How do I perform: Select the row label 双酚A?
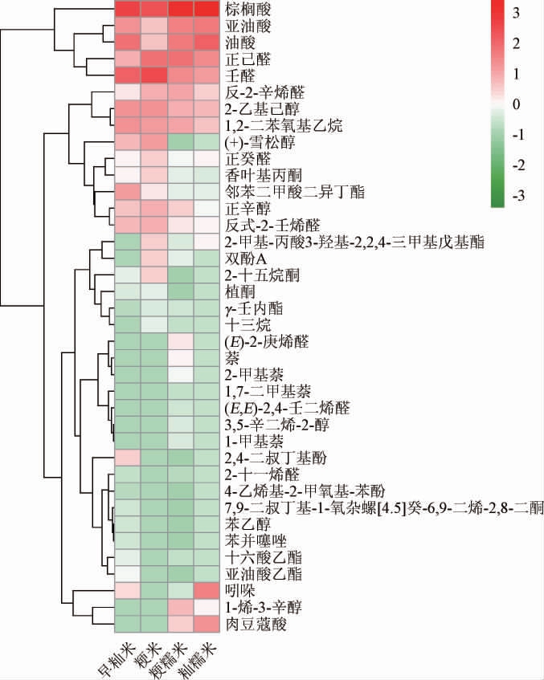tap(245, 259)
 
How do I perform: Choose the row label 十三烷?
tap(243, 324)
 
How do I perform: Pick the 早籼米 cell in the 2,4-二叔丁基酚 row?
tap(126, 458)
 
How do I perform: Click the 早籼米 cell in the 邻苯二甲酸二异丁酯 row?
tap(126, 192)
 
